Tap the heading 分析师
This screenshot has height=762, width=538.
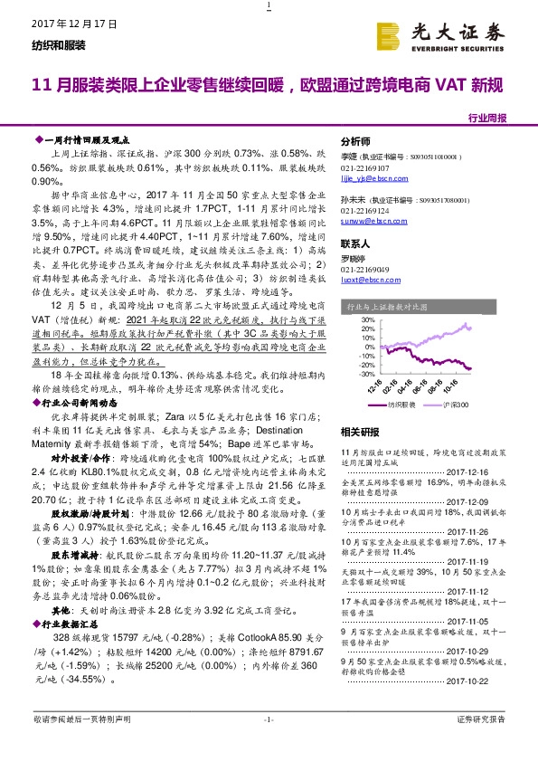(x=354, y=142)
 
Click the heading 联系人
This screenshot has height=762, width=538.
(x=354, y=244)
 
